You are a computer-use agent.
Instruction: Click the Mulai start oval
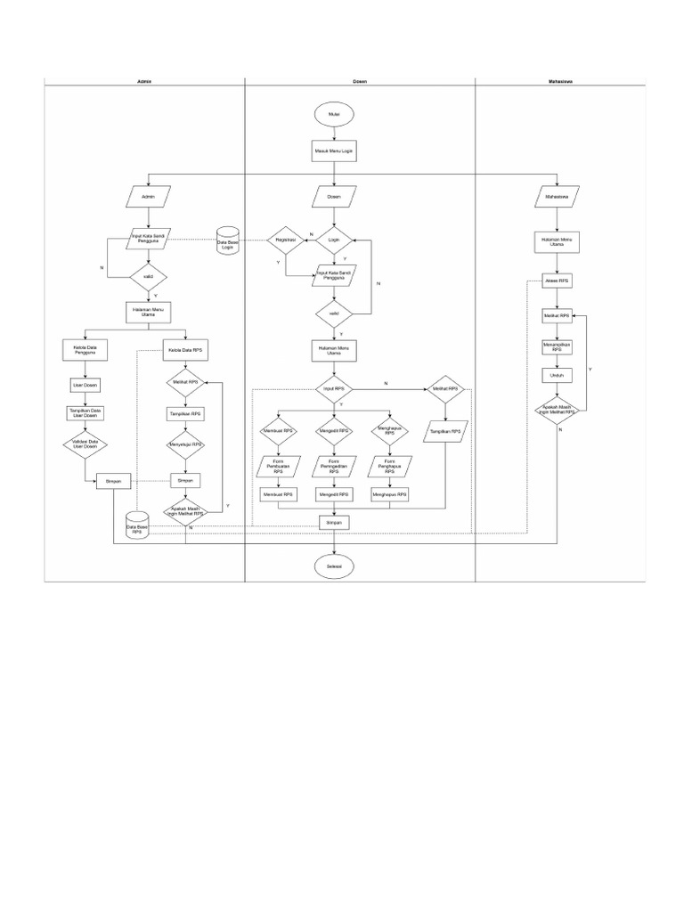[x=334, y=114]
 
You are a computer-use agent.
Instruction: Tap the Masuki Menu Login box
[x=334, y=151]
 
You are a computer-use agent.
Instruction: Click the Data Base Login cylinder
[x=227, y=241]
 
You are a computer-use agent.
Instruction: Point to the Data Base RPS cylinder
[x=136, y=525]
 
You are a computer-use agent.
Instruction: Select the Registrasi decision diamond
[x=285, y=240]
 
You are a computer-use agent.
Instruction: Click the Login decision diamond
[x=334, y=240]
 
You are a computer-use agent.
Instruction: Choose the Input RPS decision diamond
[x=334, y=389]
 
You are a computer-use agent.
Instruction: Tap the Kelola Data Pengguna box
[x=85, y=350]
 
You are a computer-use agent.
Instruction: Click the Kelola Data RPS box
[x=185, y=350]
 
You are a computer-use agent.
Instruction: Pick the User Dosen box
[x=85, y=386]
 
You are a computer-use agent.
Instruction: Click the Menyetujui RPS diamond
[x=185, y=444]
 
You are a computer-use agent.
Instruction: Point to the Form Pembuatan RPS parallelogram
[x=278, y=465]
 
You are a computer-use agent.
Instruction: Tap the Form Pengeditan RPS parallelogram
[x=334, y=465]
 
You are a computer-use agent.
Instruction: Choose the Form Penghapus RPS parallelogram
[x=389, y=465]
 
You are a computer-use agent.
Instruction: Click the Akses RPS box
[x=558, y=281]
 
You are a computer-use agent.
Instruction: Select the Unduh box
[x=558, y=376]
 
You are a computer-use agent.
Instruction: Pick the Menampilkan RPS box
[x=558, y=347]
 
